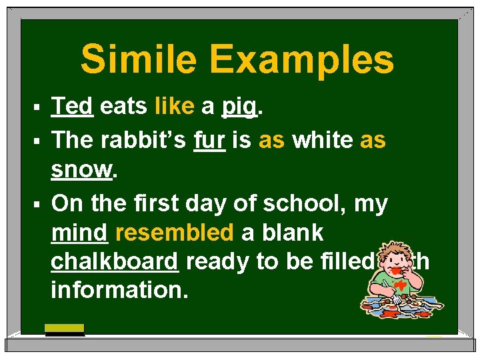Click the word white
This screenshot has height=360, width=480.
[322, 140]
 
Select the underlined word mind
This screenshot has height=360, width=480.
[79, 233]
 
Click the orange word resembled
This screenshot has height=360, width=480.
[174, 233]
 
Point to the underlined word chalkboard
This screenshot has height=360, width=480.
[114, 262]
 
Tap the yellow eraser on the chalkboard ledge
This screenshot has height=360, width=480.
[64, 328]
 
